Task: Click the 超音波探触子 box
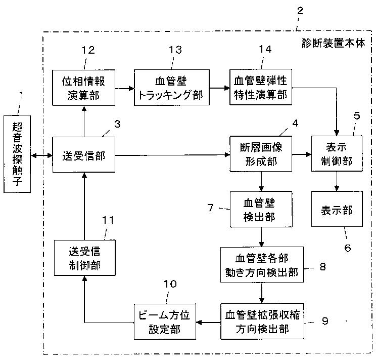pos(17,154)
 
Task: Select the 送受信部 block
pos(84,155)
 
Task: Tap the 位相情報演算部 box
pos(84,88)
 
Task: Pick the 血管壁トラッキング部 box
pos(172,88)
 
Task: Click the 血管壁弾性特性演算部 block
pos(261,87)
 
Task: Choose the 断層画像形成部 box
pos(261,154)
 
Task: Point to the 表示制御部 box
pos(337,154)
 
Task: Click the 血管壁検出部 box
pos(261,209)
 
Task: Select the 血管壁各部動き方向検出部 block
pos(262,265)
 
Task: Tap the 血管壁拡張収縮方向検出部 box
pos(262,321)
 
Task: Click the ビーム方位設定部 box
pos(165,322)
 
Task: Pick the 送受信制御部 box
pos(84,258)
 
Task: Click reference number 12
pos(88,50)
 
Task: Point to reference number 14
pos(265,49)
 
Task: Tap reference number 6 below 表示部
pos(348,248)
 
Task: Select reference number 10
pos(170,284)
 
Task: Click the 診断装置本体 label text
pos(334,43)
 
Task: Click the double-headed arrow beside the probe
pos(42,155)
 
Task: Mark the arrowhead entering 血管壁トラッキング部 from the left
pos(131,89)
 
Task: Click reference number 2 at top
pos(300,11)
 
